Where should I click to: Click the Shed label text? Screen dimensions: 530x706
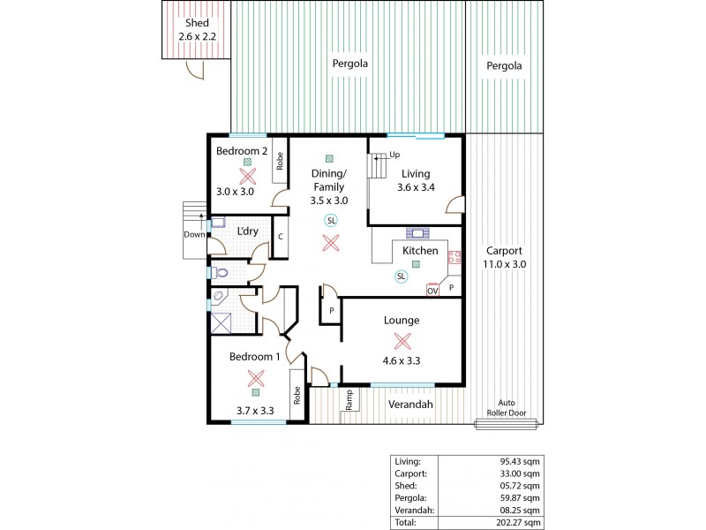[194, 22]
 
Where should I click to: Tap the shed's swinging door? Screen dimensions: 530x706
[195, 69]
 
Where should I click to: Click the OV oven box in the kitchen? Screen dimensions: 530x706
[432, 290]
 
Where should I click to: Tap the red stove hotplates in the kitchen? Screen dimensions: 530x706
[455, 258]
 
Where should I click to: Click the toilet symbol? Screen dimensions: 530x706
[222, 273]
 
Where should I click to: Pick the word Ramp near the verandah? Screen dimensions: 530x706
[349, 399]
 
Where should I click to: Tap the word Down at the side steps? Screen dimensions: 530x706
[194, 235]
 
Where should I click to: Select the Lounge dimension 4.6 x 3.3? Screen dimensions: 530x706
[402, 360]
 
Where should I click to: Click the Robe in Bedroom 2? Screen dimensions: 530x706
[280, 162]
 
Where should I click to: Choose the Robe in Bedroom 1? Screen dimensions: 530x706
[297, 394]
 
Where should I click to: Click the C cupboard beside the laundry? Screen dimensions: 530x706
[280, 237]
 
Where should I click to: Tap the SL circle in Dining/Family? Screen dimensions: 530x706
[331, 220]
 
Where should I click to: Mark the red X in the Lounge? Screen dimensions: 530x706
[402, 340]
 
